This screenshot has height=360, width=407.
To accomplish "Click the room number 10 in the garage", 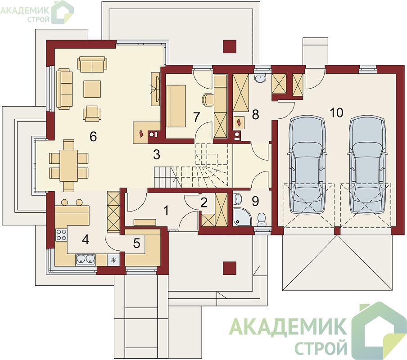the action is pos(336,113).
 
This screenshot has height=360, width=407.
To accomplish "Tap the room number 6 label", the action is pos(93,136).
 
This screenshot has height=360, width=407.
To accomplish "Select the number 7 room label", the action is pos(196,117).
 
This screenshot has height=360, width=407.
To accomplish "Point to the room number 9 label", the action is pos(255,201).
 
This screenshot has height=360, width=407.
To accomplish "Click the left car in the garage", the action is pos(307,165).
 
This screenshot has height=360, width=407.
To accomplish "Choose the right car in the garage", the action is pos(366,165).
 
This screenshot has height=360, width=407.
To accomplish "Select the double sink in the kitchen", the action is pos(86,259).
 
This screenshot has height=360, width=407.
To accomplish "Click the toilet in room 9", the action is pos(262,219).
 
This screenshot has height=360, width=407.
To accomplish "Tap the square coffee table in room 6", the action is pos(92,89).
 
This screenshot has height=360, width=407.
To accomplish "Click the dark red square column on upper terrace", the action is pos(230,47).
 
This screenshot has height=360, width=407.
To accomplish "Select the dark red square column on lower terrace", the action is pos(230,268).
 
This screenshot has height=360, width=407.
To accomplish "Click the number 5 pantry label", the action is pos(136,243).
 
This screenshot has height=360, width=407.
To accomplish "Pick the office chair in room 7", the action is pos(208,100).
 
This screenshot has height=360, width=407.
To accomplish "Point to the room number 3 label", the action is pos(157,155).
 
